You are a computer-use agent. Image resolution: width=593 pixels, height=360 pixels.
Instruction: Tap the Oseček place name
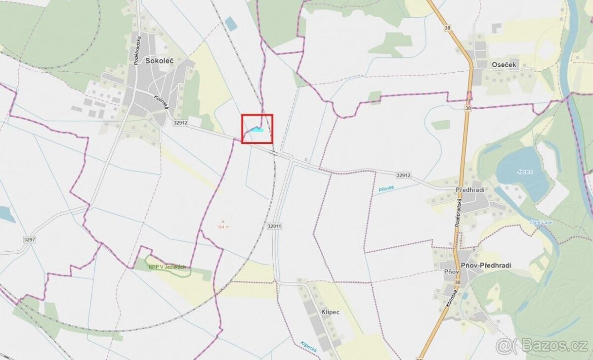click(504, 64)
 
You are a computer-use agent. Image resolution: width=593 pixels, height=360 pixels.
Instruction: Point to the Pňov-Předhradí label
click(486, 266)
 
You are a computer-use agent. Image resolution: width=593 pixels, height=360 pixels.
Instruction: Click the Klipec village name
click(330, 313)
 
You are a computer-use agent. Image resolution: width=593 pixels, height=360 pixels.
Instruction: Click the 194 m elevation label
click(223, 227)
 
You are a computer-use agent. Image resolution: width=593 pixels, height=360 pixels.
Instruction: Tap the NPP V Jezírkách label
click(167, 267)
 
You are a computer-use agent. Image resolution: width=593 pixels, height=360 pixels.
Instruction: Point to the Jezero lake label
click(525, 172)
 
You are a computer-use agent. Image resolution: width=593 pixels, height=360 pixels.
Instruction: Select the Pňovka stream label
click(385, 189)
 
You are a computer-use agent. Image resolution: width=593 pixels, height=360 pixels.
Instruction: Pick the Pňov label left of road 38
click(446, 271)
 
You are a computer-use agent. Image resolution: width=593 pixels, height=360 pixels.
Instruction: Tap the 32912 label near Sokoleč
click(180, 123)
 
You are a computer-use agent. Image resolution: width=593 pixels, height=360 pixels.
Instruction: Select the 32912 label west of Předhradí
click(403, 175)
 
